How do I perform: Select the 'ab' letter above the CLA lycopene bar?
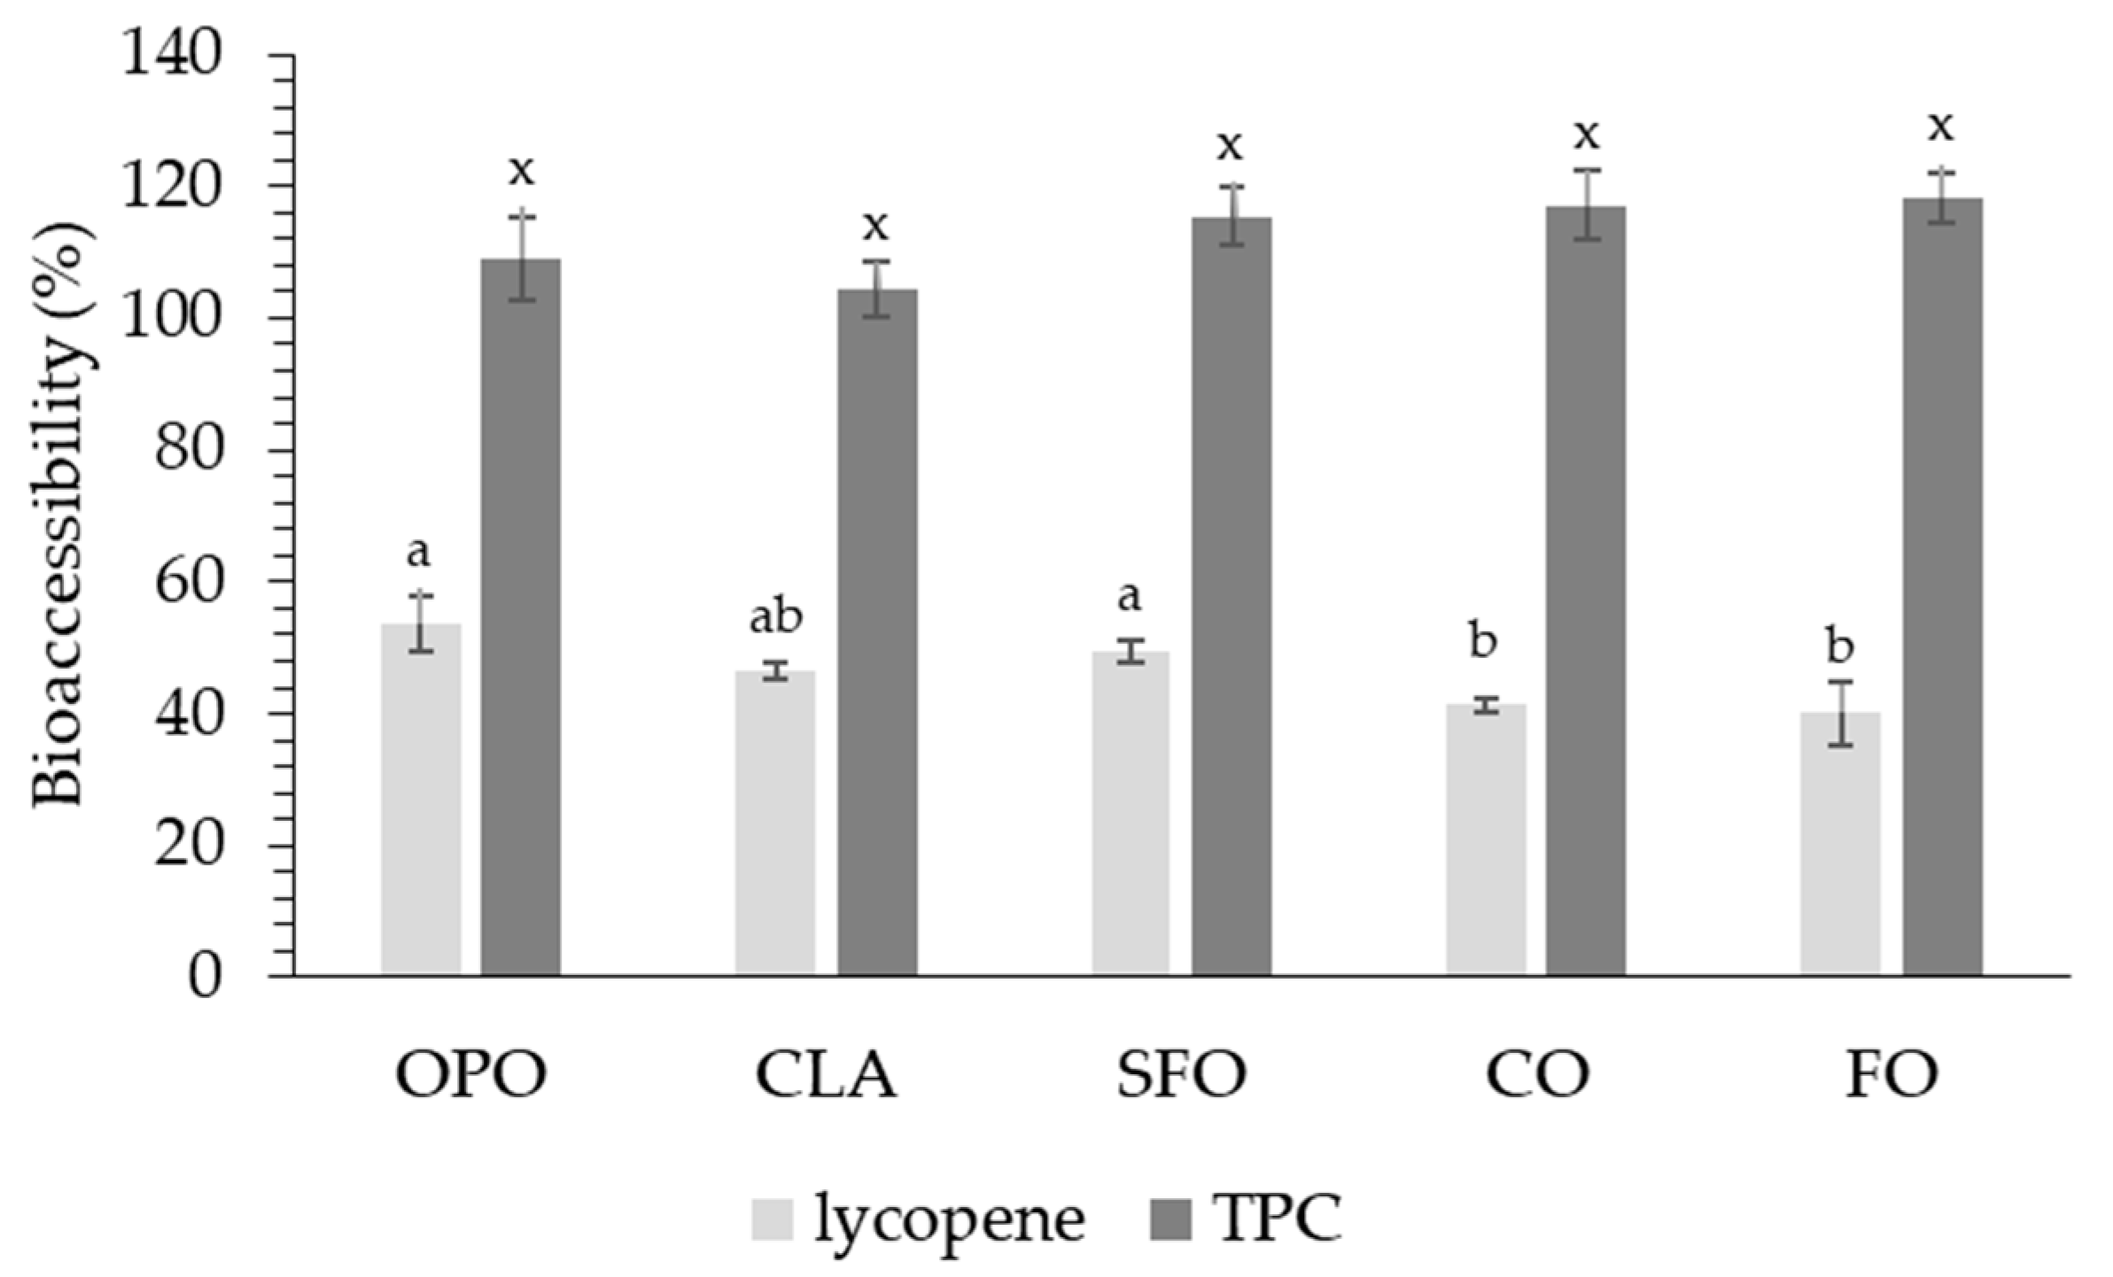click(x=776, y=616)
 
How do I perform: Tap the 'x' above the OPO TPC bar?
click(x=521, y=170)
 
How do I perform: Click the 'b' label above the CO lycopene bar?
click(x=1483, y=641)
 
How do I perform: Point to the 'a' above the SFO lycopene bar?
click(x=1128, y=597)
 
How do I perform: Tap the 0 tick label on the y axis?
click(x=205, y=978)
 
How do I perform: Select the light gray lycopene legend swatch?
click(x=772, y=1219)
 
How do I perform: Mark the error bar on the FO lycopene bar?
click(x=1840, y=714)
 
